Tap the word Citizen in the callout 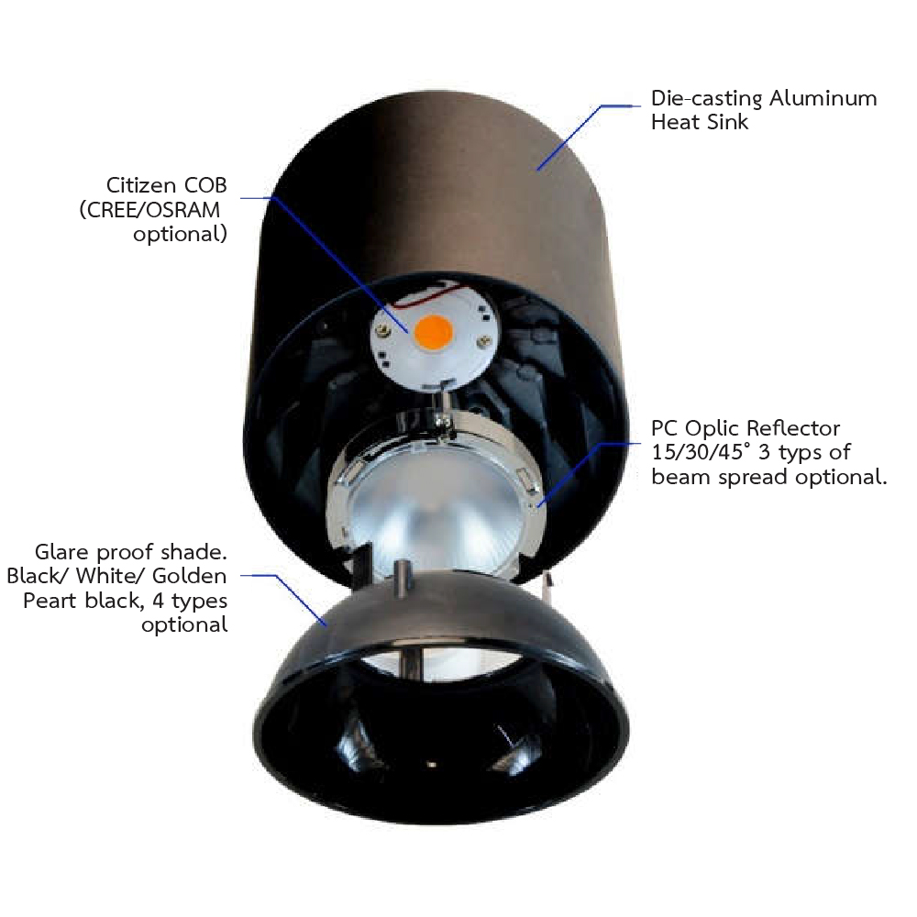pos(141,185)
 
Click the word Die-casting pos(706,99)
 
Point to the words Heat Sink pos(700,122)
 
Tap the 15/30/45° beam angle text pos(701,453)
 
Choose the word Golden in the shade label pos(190,576)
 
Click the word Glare pos(61,552)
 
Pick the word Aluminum pos(823,98)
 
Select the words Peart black pos(81,601)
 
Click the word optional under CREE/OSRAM pos(180,235)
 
